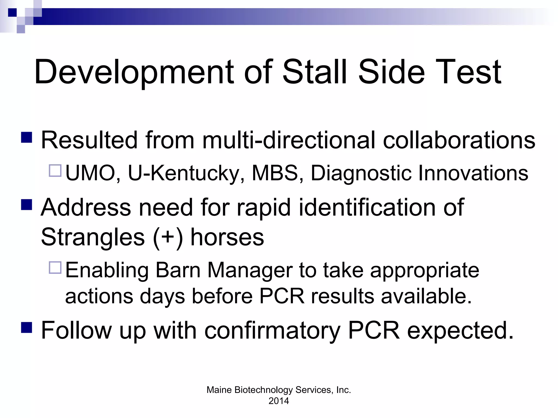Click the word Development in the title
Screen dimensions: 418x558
click(134, 72)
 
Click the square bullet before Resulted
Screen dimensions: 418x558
click(27, 138)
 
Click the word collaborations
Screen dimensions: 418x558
click(459, 140)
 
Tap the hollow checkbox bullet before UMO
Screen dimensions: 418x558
click(55, 171)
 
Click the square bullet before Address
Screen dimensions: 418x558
click(27, 205)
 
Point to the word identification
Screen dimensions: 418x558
click(367, 207)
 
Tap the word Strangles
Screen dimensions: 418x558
click(93, 237)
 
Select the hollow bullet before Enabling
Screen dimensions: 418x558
click(55, 268)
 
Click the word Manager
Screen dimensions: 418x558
click(250, 270)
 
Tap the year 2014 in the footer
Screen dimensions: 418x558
click(279, 401)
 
